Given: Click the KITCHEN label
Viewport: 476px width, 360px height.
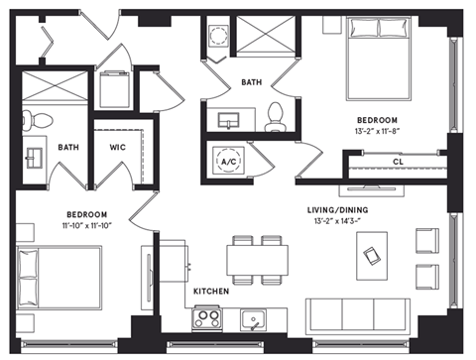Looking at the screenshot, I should (212, 293).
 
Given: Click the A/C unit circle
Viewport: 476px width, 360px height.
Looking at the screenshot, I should (227, 162).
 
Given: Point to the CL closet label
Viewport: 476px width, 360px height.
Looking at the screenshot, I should (398, 162).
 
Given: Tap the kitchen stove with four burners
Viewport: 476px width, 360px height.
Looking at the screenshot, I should (206, 319).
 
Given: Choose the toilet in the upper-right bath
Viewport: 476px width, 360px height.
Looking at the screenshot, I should (277, 115).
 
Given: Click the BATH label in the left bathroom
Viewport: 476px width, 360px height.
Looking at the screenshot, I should (68, 147).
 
